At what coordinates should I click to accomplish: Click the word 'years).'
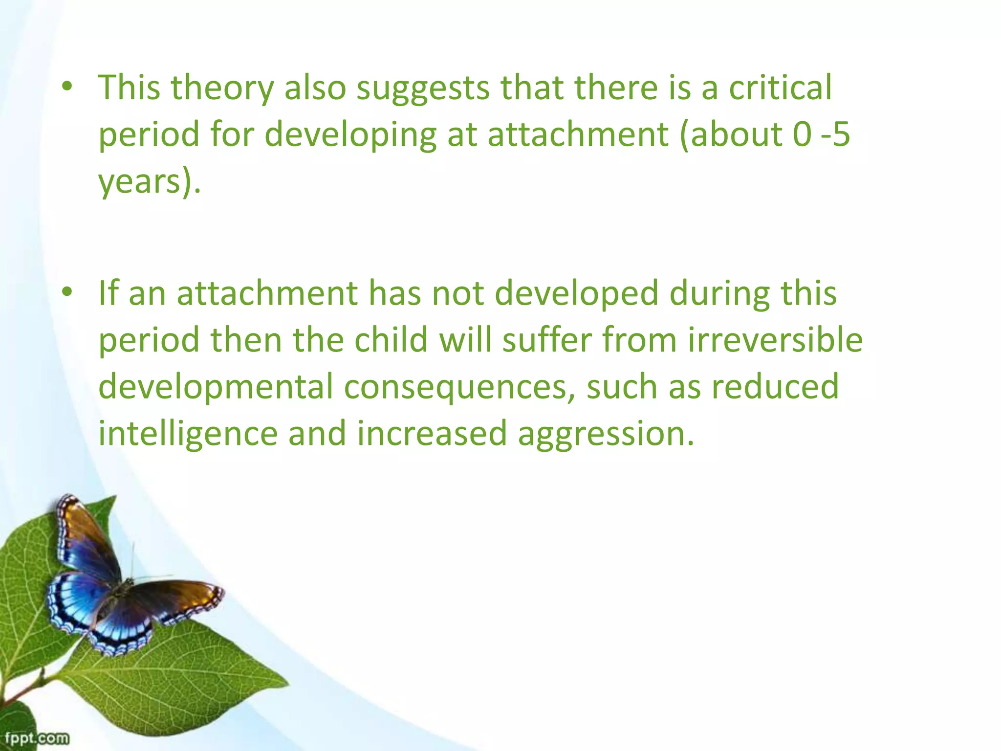pyautogui.click(x=150, y=182)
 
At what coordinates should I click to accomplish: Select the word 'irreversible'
pyautogui.click(x=775, y=340)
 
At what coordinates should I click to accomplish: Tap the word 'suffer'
pyautogui.click(x=547, y=340)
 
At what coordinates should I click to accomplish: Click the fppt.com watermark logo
pyautogui.click(x=37, y=737)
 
